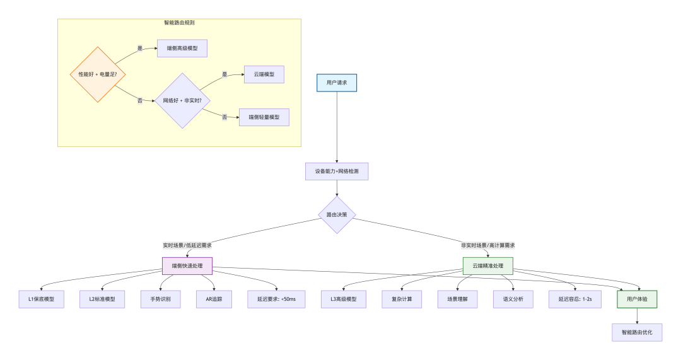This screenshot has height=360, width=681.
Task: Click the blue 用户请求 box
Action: pyautogui.click(x=337, y=83)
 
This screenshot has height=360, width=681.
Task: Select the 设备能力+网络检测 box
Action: pyautogui.click(x=337, y=171)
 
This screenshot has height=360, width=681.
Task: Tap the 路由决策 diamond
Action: pyautogui.click(x=337, y=214)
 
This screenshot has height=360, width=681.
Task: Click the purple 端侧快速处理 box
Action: pyautogui.click(x=187, y=266)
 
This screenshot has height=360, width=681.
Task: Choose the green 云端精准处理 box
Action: pyautogui.click(x=487, y=266)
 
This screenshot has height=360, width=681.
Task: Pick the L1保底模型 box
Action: pyautogui.click(x=41, y=299)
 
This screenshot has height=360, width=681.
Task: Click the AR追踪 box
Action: pyautogui.click(x=214, y=299)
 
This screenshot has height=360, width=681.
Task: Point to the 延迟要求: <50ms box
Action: pyautogui.click(x=276, y=299)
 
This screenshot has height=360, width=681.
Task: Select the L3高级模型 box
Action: pyautogui.click(x=344, y=299)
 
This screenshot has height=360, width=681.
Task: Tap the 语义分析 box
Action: pyautogui.click(x=513, y=299)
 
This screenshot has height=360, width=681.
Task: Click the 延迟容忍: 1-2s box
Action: pyautogui.click(x=575, y=299)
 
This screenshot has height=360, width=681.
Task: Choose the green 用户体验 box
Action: pyautogui.click(x=637, y=299)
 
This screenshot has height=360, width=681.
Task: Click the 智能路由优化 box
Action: pyautogui.click(x=637, y=332)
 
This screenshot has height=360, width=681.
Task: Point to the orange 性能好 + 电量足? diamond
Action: pyautogui.click(x=98, y=74)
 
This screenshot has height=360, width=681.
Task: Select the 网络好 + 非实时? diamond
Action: pyautogui.click(x=182, y=100)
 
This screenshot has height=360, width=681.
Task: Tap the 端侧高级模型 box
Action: pyautogui.click(x=182, y=48)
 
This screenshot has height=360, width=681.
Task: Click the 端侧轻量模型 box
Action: pyautogui.click(x=264, y=117)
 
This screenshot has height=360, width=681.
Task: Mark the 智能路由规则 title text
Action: pyautogui.click(x=179, y=23)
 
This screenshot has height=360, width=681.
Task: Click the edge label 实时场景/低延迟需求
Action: pyautogui.click(x=187, y=245)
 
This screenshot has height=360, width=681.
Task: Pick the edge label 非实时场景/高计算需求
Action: pyautogui.click(x=487, y=245)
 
